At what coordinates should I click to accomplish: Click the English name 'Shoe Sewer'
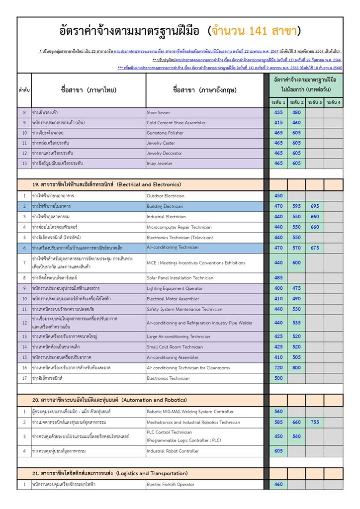pyautogui.click(x=158, y=113)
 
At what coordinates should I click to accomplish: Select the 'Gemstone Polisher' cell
pyautogui.click(x=165, y=133)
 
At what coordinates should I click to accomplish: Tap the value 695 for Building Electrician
pyautogui.click(x=315, y=206)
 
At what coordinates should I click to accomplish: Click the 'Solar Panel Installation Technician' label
pyautogui.click(x=180, y=278)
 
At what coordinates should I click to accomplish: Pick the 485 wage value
pyautogui.click(x=278, y=278)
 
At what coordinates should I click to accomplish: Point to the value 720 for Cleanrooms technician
pyautogui.click(x=278, y=368)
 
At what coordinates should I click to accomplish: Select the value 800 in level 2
pyautogui.click(x=296, y=368)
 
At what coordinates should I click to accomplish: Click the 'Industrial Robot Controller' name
pyautogui.click(x=173, y=451)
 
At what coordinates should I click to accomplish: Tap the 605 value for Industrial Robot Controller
pyautogui.click(x=278, y=451)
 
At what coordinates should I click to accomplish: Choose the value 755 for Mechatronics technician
pyautogui.click(x=315, y=423)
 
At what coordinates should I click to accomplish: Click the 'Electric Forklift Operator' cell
pyautogui.click(x=171, y=484)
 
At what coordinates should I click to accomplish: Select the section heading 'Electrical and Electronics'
pyautogui.click(x=149, y=185)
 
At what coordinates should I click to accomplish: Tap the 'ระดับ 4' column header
pyautogui.click(x=333, y=102)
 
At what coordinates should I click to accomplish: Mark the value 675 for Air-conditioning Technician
pyautogui.click(x=315, y=248)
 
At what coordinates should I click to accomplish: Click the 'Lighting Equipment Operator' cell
pyautogui.click(x=175, y=288)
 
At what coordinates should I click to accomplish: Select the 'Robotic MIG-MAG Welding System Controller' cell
pyautogui.click(x=190, y=412)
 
